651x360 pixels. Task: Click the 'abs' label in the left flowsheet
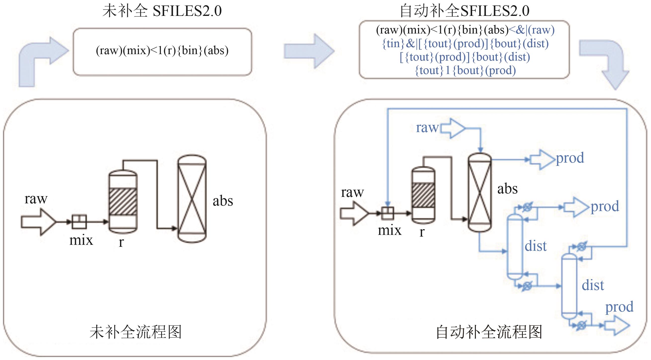223,201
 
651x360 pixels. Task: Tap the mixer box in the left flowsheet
79,221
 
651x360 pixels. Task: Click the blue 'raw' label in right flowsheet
427,128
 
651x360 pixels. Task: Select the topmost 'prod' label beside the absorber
570,158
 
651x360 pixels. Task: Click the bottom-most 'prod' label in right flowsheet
619,307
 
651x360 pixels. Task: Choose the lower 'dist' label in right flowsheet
593,285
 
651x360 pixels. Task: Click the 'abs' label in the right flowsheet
507,189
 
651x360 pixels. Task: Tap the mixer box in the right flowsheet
387,213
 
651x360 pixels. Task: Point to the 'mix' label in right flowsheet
389,230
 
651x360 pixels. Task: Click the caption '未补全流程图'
136,332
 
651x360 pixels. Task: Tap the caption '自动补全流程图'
489,332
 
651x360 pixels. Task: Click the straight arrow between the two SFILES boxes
309,51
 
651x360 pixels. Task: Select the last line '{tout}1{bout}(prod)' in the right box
465,71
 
